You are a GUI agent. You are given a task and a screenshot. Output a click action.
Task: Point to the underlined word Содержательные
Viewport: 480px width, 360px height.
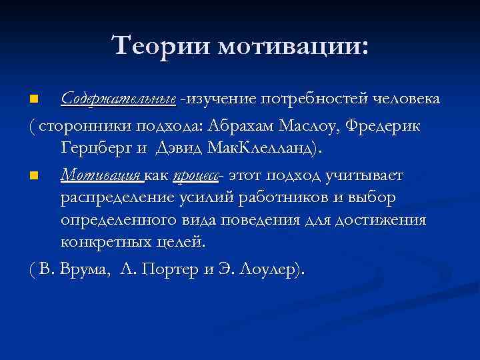pos(119,99)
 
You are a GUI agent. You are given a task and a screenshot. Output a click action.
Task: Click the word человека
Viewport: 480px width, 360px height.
pos(405,99)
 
